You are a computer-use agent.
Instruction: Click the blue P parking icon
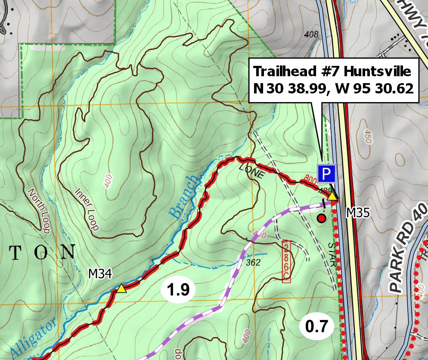point(326,174)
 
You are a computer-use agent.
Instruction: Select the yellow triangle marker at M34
point(121,289)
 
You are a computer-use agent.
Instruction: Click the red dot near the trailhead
point(321,218)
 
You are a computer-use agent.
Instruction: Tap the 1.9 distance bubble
point(178,290)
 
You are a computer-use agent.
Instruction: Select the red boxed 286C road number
point(286,262)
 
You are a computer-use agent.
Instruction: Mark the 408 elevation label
point(311,34)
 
